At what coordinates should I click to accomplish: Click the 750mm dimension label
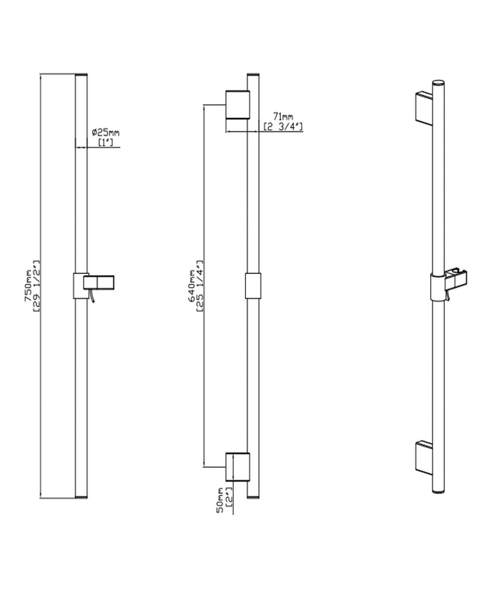[x=28, y=285]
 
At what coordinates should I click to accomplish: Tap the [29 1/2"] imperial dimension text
[x=37, y=285]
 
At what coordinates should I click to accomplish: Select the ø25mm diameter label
[x=106, y=132]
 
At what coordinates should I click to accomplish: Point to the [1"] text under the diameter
[x=106, y=142]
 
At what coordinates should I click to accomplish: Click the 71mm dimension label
[x=283, y=118]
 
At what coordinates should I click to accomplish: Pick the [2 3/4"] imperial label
[x=283, y=126]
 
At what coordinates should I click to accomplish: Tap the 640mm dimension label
[x=192, y=285]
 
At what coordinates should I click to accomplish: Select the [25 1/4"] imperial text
[x=200, y=285]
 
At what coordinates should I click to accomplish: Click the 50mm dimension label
[x=220, y=501]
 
